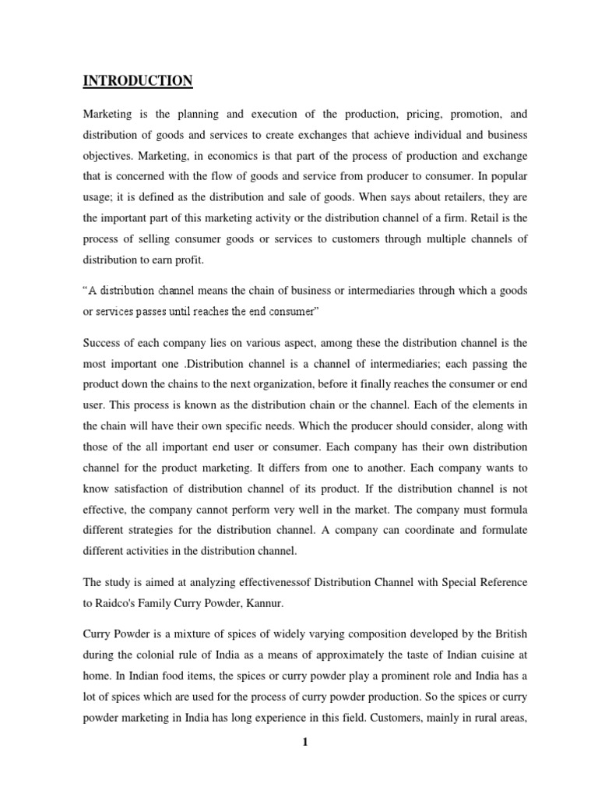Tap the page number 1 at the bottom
pyautogui.click(x=305, y=742)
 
